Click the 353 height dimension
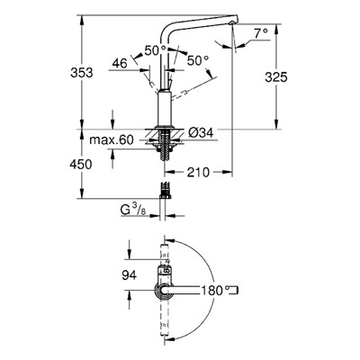pos(82,73)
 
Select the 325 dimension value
pos(276,77)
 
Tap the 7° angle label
pos(261,33)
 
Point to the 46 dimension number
pos(120,63)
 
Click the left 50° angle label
pos(156,50)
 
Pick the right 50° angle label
pos(198,61)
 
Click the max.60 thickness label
pos(112,139)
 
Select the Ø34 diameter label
pos(201,132)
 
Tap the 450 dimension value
pos(81,165)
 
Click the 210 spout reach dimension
pos(198,172)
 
